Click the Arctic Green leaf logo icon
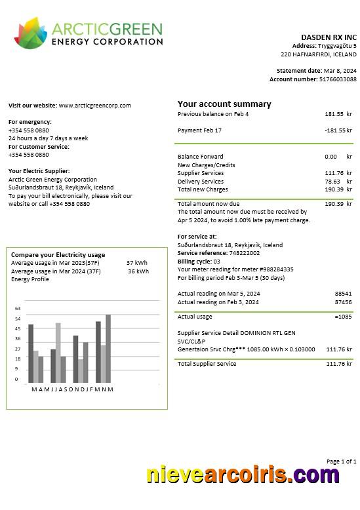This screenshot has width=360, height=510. [30, 33]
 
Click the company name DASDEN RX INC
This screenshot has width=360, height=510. [329, 37]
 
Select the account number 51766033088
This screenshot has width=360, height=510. [338, 79]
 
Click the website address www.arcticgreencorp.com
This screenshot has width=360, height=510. [95, 106]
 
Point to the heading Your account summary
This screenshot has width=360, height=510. [224, 104]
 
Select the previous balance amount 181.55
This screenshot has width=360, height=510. [334, 114]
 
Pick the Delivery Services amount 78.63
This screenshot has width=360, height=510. [332, 182]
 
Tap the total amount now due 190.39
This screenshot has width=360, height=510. [334, 204]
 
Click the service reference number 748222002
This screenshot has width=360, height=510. [244, 253]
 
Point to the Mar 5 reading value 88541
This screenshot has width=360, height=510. [343, 294]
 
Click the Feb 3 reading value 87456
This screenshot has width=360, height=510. [343, 302]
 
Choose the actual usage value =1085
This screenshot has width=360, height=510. [343, 317]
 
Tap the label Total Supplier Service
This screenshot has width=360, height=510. [207, 364]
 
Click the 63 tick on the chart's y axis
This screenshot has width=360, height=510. [18, 308]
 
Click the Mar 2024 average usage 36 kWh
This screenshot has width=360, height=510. [138, 271]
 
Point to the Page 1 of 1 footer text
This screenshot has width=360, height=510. [342, 461]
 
